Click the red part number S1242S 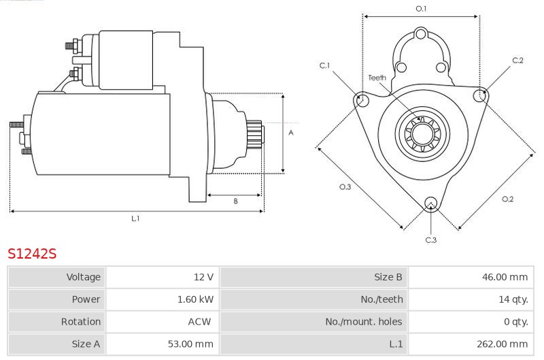(32, 254)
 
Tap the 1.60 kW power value (195, 299)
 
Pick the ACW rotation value (199, 321)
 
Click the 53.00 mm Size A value (190, 344)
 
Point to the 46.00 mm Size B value (505, 277)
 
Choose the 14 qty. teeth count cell (513, 299)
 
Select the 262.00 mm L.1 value (502, 344)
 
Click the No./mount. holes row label (364, 321)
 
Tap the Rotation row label (81, 321)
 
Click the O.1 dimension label (421, 9)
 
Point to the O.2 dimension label (507, 199)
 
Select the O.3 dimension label (345, 186)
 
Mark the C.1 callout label (325, 65)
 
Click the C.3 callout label (431, 240)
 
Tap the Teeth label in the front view (377, 78)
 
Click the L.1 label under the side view (135, 218)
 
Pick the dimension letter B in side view (235, 201)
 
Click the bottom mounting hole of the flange (431, 203)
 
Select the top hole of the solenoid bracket (420, 35)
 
